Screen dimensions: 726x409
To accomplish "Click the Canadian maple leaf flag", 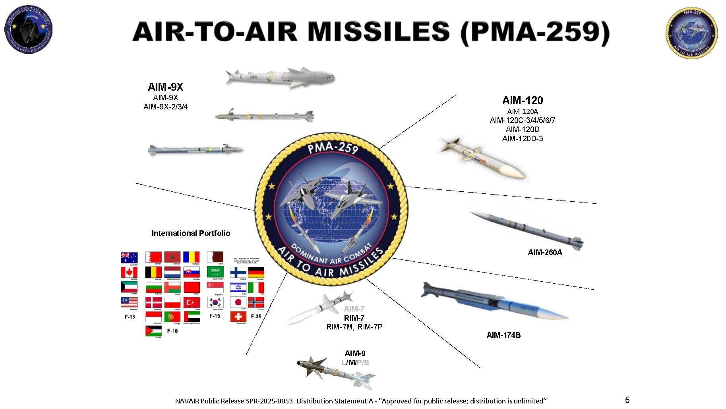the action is click(129, 273).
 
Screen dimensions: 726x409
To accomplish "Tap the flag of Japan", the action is click(238, 302).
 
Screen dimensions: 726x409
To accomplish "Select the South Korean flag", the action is click(215, 302).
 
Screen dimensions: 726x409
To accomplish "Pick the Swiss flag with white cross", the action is click(238, 317).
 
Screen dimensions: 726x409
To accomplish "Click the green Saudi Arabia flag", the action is click(215, 272).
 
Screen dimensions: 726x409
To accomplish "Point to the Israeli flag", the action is click(238, 287).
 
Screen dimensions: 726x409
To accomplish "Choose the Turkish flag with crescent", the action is click(192, 302).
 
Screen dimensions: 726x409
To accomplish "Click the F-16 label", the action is click(172, 331).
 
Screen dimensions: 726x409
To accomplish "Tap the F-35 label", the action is click(256, 316).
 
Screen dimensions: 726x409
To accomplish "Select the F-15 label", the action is click(215, 316).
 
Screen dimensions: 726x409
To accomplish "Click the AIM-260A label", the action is click(545, 252).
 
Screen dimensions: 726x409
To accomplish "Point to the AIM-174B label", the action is click(503, 335).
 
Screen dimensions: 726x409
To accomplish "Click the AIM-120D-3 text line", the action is click(522, 138).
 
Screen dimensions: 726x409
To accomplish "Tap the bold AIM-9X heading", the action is click(165, 87).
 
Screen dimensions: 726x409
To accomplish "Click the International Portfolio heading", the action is click(191, 233).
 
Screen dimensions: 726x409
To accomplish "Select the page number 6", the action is click(627, 399).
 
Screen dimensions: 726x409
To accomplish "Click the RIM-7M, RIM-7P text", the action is click(354, 327).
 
